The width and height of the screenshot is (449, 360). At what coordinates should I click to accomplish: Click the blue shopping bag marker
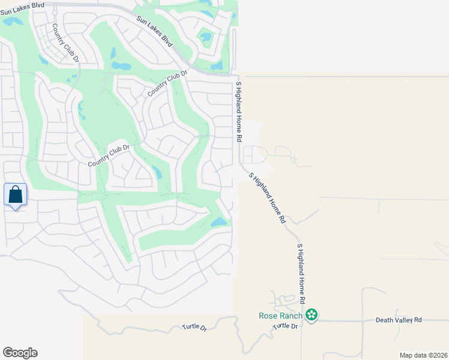point(16,195)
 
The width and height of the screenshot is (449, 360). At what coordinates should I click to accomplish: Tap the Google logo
point(20,353)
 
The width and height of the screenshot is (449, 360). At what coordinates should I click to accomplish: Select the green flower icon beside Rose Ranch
point(312,315)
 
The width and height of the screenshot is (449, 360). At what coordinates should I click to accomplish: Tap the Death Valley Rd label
point(399,320)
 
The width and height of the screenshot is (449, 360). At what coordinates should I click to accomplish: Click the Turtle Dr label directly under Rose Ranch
point(286,326)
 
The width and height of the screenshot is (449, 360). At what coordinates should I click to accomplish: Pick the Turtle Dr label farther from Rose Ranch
point(194,328)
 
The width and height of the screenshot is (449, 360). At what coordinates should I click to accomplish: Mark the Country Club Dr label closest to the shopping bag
point(109,155)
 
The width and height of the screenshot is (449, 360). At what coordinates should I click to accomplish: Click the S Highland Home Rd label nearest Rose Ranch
point(301,273)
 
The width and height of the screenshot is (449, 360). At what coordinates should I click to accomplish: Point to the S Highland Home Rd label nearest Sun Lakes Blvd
point(238,112)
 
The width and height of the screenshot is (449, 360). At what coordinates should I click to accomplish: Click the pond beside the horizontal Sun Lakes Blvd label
point(12,22)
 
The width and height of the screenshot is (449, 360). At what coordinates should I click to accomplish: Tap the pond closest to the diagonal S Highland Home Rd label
point(219,222)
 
